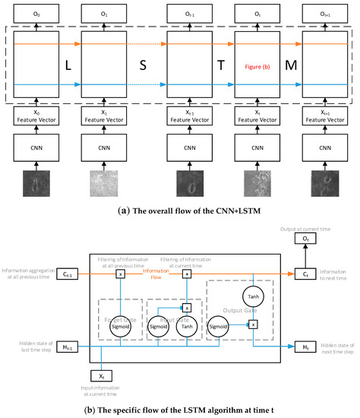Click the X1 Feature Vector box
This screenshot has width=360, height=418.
(107, 115)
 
